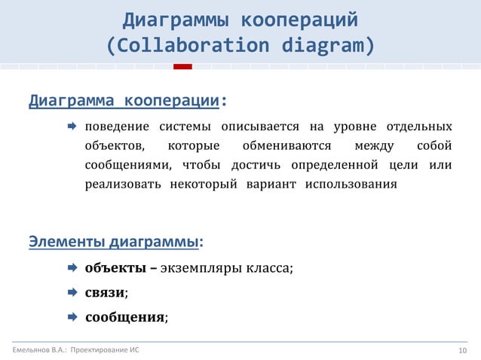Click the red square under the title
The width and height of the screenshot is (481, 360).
[182, 67]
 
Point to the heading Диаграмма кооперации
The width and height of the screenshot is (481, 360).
[125, 101]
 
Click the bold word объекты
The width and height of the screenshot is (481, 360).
[111, 267]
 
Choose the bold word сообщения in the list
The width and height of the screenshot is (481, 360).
[124, 317]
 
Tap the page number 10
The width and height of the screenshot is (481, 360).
[463, 350]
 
